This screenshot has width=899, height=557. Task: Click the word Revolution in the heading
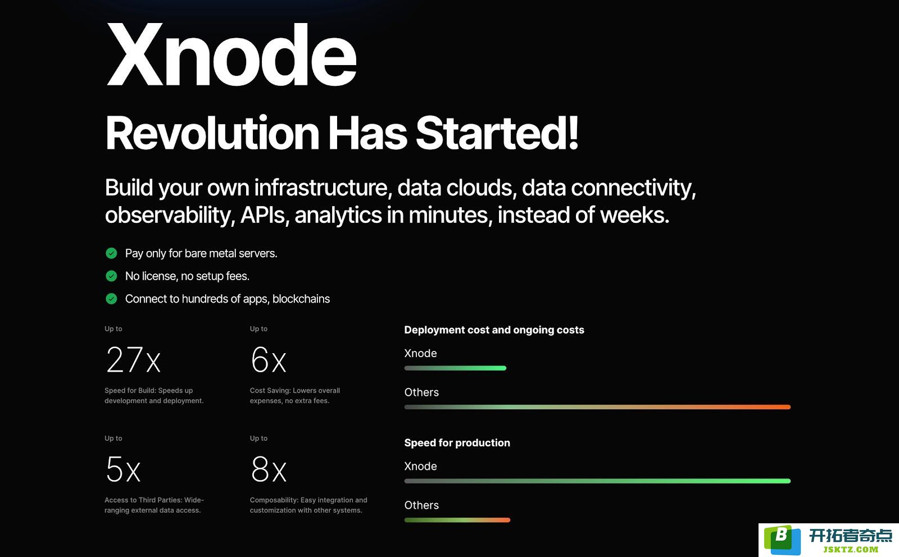(x=212, y=133)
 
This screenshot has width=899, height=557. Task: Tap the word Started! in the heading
(x=497, y=133)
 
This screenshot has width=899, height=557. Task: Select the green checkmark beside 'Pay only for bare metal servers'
(x=111, y=253)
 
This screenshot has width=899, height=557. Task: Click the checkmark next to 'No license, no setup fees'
(x=111, y=276)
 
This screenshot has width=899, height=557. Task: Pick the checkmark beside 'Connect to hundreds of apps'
(x=111, y=299)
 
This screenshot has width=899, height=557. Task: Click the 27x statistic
(x=133, y=360)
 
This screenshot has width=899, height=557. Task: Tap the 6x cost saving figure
(x=269, y=360)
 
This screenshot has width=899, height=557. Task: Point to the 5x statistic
(x=123, y=469)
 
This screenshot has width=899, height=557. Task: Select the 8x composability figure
(x=269, y=469)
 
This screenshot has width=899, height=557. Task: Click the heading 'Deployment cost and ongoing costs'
(x=494, y=330)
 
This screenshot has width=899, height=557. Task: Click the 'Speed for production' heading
(x=457, y=442)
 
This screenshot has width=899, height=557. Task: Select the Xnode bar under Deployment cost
(x=455, y=368)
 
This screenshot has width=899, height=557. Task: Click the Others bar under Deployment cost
(x=597, y=407)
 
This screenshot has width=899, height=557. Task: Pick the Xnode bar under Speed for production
(x=597, y=481)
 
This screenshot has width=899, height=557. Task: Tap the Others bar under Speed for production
(x=457, y=520)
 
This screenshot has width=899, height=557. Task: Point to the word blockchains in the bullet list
(x=301, y=299)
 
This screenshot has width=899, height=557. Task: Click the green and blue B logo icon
(x=782, y=540)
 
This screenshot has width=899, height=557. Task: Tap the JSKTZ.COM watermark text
(x=851, y=549)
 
